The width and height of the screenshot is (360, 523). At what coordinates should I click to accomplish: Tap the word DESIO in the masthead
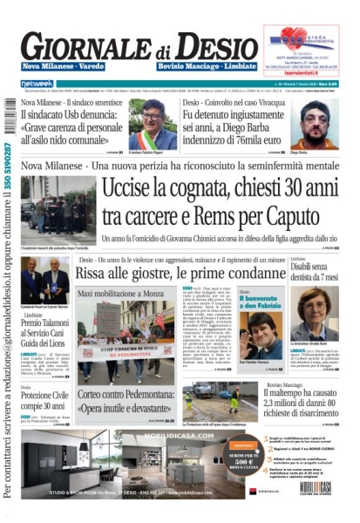tap(222, 45)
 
